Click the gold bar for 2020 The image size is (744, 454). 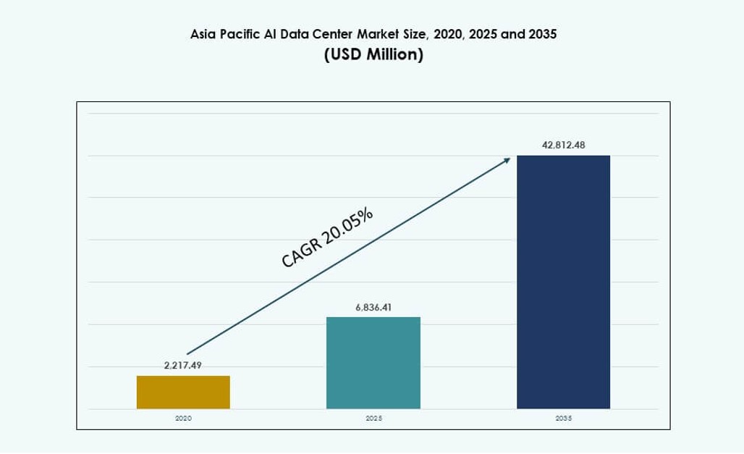(x=183, y=392)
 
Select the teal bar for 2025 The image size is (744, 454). (x=373, y=363)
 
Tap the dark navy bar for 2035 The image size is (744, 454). (x=563, y=282)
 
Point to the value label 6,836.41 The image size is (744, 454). (x=373, y=308)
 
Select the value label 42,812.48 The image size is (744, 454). (x=563, y=146)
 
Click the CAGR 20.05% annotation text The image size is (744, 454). (x=327, y=237)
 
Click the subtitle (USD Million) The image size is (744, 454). (x=373, y=55)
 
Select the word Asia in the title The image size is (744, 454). (x=202, y=34)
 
